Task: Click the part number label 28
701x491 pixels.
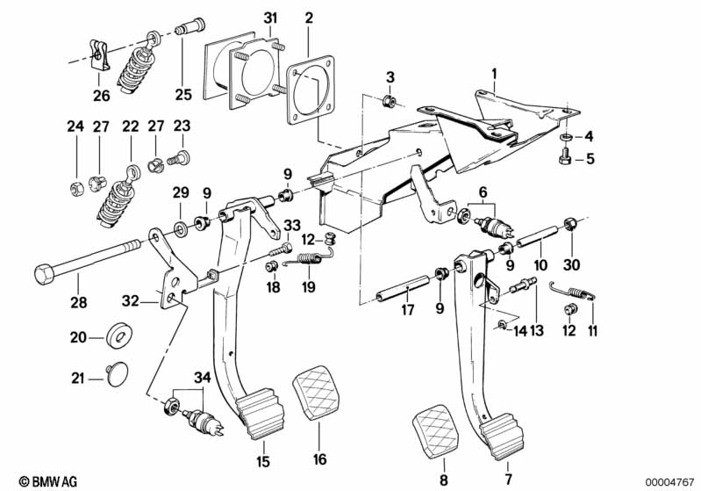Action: [79, 302]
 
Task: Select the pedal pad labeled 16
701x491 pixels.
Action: [317, 394]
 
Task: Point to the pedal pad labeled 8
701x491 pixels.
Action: [435, 431]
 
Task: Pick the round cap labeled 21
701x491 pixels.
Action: [117, 374]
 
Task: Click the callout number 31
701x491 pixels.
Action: [270, 18]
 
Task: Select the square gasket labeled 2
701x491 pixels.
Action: [311, 90]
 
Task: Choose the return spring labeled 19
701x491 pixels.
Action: [310, 261]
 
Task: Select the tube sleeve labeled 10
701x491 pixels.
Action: [536, 236]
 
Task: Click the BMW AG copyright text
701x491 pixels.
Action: [48, 481]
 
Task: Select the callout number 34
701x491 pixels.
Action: [202, 378]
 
